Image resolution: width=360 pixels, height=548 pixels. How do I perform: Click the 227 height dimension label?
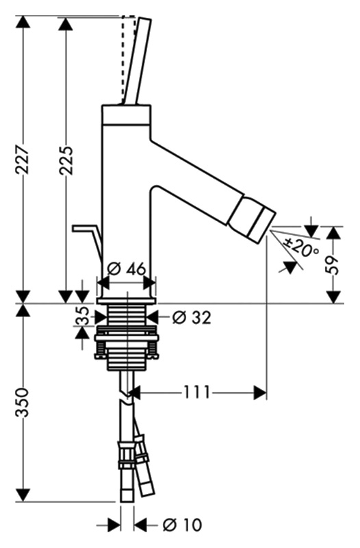(22, 160)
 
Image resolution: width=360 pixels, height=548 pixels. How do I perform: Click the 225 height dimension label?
(66, 160)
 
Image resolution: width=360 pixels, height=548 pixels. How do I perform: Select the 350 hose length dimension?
(23, 403)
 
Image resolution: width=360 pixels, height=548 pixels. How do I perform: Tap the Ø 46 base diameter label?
(127, 269)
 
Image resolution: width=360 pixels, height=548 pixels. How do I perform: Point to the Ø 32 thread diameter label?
(192, 318)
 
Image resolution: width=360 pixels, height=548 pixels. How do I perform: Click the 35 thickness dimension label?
(81, 316)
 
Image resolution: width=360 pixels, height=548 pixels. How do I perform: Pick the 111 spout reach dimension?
(197, 392)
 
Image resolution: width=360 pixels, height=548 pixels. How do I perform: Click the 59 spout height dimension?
(333, 264)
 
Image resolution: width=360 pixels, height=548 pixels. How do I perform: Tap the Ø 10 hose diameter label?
(182, 525)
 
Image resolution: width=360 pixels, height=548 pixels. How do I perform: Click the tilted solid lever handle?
(136, 62)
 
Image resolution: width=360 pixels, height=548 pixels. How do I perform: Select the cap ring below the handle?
(127, 114)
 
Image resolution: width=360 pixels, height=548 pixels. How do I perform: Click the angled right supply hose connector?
(144, 465)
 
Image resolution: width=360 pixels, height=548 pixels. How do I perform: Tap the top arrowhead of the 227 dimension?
(23, 22)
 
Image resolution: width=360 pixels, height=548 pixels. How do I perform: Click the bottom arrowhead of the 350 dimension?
(23, 495)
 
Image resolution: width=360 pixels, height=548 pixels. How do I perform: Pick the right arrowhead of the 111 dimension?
(260, 393)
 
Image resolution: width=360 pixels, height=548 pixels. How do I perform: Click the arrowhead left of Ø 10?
(114, 525)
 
